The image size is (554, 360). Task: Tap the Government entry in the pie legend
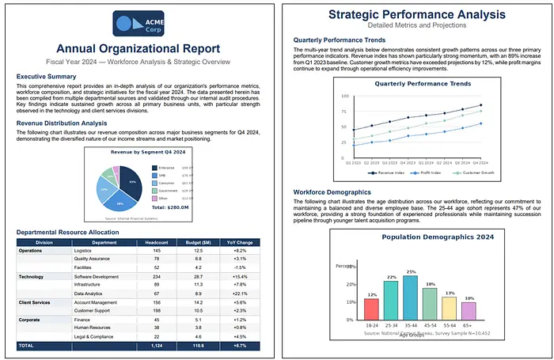[168, 191]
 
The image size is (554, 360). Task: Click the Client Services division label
[36, 302]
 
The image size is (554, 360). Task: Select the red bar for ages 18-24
[371, 309]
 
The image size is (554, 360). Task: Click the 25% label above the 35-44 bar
[410, 271]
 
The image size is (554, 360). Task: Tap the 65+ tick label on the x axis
[469, 325]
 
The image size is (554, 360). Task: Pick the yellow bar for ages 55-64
[449, 309]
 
